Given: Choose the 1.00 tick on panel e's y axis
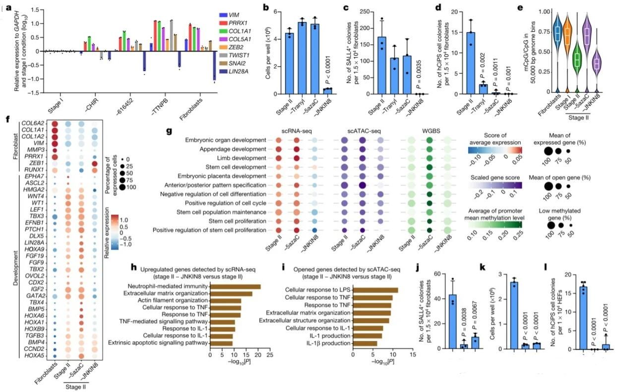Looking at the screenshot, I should click(536, 11).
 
